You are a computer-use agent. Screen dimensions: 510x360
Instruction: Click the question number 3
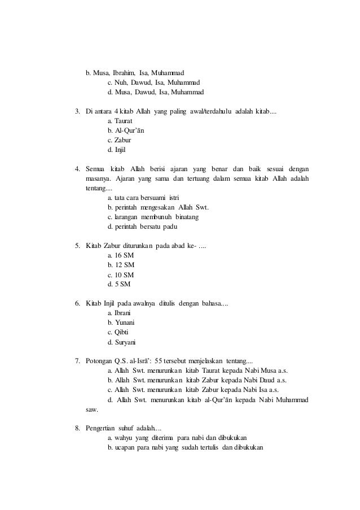tap(78, 111)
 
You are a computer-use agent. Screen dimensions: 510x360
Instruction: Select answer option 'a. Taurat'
tap(120, 121)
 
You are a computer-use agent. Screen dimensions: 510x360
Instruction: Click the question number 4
tap(78, 169)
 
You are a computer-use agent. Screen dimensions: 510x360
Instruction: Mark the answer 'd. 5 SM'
tap(118, 284)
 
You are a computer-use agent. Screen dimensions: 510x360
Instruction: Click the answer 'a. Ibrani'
tap(119, 313)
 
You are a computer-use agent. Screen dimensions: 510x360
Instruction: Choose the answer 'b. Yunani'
tap(120, 322)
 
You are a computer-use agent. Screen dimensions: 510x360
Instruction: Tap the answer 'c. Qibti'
tap(117, 332)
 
